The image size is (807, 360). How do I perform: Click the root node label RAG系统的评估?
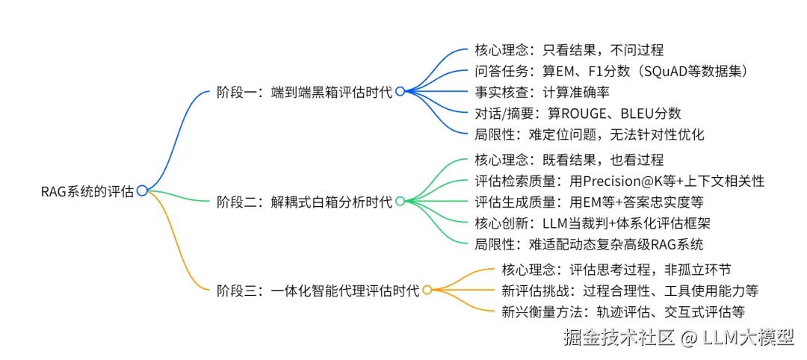[x=87, y=191]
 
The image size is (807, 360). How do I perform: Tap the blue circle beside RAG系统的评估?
[x=142, y=191]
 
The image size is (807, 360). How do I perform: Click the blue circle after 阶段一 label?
[x=400, y=91]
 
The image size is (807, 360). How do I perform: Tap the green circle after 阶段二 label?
[x=400, y=202]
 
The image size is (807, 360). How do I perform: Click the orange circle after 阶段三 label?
[x=427, y=291]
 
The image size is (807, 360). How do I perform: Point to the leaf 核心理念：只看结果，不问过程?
[x=569, y=50]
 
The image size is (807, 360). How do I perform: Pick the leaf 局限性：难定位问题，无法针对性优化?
[x=590, y=134]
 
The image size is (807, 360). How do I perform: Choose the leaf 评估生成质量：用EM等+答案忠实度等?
[x=590, y=202]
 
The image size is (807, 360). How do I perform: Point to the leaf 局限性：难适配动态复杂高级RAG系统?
[x=589, y=244]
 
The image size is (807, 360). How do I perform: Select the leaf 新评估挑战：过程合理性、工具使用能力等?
[x=630, y=291]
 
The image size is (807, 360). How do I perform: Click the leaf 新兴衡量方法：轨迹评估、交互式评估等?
[x=622, y=311]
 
